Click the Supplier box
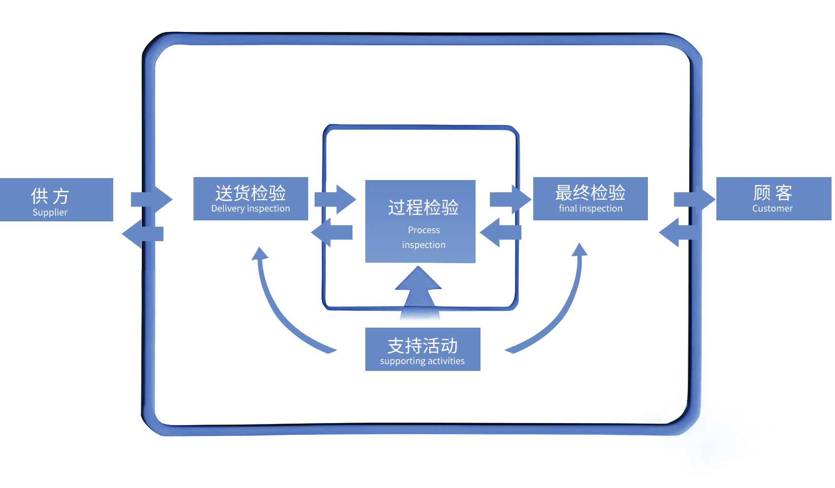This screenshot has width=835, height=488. (x=56, y=199)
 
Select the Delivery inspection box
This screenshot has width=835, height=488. (x=251, y=198)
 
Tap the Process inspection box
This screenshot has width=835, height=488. (x=420, y=221)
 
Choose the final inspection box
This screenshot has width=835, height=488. (x=590, y=198)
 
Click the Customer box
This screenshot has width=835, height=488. (x=773, y=198)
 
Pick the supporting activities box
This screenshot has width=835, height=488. (x=422, y=349)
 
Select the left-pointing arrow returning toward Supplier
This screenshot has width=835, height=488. (x=142, y=234)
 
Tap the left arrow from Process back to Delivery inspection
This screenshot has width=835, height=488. (x=332, y=232)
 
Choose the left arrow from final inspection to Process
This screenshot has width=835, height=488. (x=500, y=232)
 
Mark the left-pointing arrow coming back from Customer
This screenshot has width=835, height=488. (x=679, y=232)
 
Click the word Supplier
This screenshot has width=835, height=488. (x=50, y=213)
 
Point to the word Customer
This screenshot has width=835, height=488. (x=772, y=209)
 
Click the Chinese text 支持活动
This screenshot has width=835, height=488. (x=422, y=345)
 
